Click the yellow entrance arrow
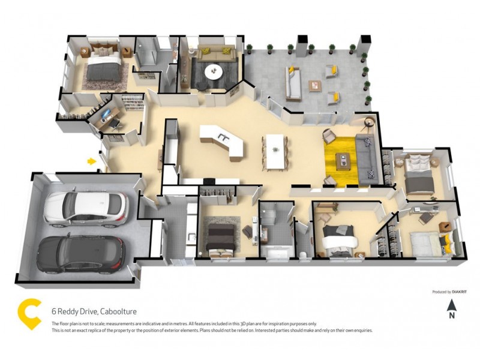(x=92, y=161)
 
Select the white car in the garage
(x=86, y=209)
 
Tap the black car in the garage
(x=81, y=254)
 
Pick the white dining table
(x=275, y=151)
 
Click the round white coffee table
(x=214, y=71)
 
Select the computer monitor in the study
(x=106, y=114)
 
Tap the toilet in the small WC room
(x=303, y=254)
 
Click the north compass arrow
(x=452, y=305)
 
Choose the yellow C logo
(x=29, y=314)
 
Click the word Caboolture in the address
(x=118, y=311)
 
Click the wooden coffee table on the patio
(x=315, y=86)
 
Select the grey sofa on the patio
(x=293, y=83)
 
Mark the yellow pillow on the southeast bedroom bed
(x=447, y=241)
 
